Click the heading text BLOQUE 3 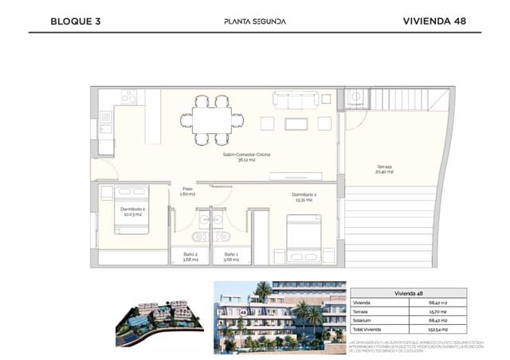pyautogui.click(x=75, y=22)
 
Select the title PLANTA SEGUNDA pyautogui.click(x=254, y=22)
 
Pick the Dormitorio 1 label pyautogui.click(x=304, y=197)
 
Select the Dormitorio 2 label pyautogui.click(x=132, y=211)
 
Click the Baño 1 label pyautogui.click(x=231, y=256)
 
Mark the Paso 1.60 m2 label pyautogui.click(x=188, y=191)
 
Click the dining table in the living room pyautogui.click(x=212, y=120)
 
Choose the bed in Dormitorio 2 pyautogui.click(x=131, y=210)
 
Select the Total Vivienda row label pyautogui.click(x=369, y=328)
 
